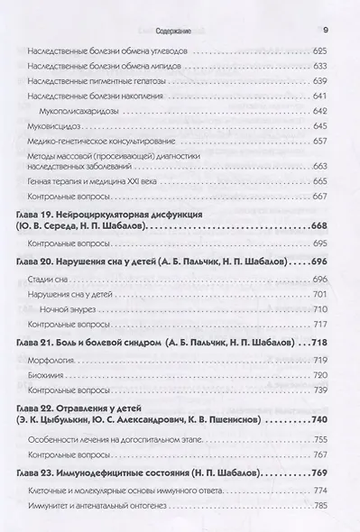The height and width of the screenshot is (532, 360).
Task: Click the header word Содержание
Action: coord(166,11)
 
